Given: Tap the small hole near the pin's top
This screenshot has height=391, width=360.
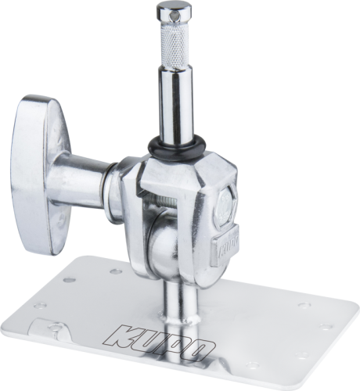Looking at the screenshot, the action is pos(172,17).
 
